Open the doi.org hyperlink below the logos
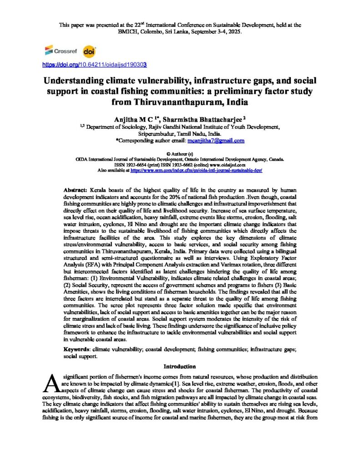coord(94,65)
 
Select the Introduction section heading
coord(180,366)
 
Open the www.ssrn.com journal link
coord(196,170)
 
